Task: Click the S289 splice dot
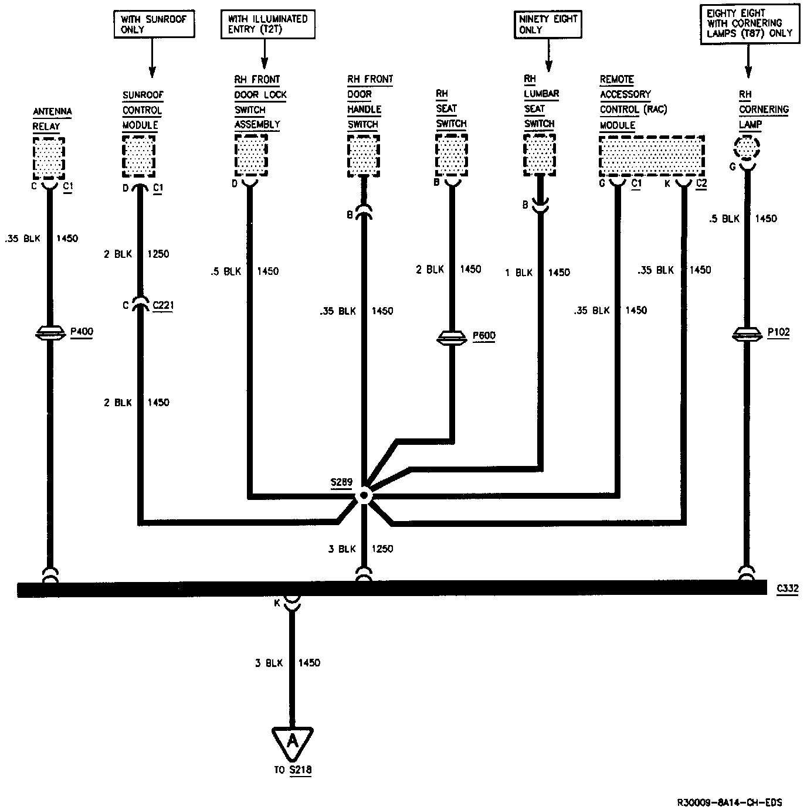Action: [x=364, y=496]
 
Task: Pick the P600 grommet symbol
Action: [x=452, y=338]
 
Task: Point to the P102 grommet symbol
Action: [x=747, y=334]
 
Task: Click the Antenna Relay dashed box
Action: [x=49, y=158]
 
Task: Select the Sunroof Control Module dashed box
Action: [x=139, y=155]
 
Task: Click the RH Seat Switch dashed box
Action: [x=452, y=154]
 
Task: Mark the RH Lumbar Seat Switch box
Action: [x=539, y=154]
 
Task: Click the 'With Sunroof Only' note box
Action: [x=154, y=24]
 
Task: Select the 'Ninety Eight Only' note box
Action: [x=548, y=24]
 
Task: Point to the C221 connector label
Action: [x=163, y=305]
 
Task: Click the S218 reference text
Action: [x=300, y=770]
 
